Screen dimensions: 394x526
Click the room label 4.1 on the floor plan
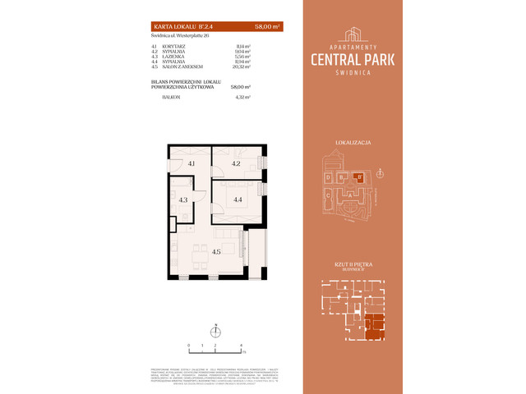coord(191,164)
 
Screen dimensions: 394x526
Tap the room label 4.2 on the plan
coord(235,164)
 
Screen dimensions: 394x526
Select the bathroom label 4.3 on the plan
coord(183,199)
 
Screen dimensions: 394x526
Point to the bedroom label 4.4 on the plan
coord(236,199)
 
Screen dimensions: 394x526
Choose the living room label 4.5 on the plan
coord(216,253)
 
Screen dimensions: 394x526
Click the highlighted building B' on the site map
coord(358,176)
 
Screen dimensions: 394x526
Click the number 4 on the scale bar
coord(241,346)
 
